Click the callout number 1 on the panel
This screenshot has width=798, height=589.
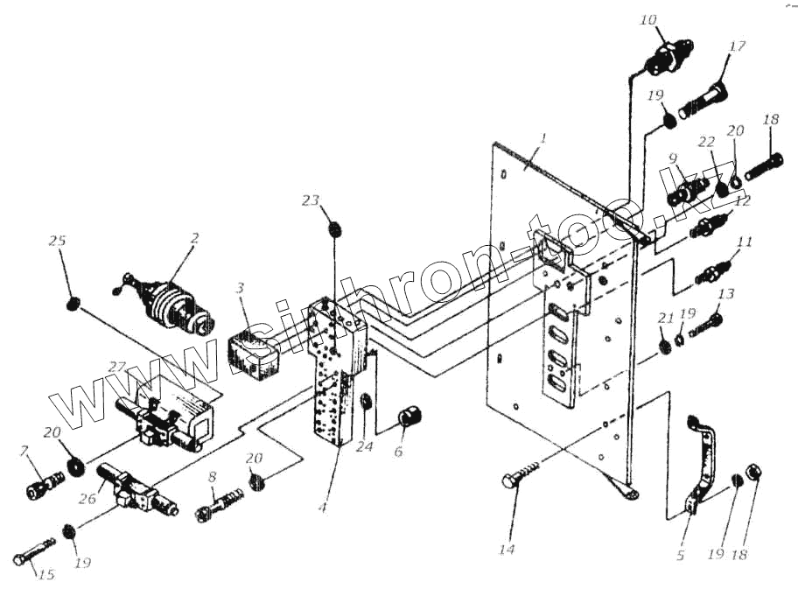pyautogui.click(x=543, y=138)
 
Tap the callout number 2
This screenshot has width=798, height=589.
pyautogui.click(x=195, y=237)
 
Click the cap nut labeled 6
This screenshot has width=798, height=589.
pyautogui.click(x=407, y=417)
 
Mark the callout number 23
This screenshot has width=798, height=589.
pyautogui.click(x=311, y=200)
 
